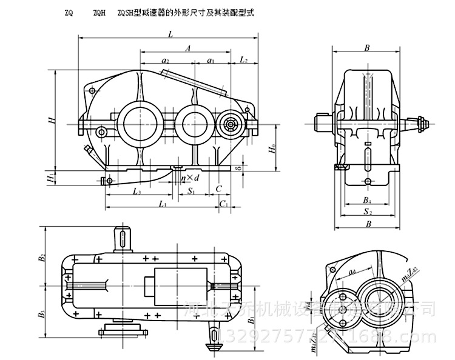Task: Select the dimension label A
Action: (x=189, y=47)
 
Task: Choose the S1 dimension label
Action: (x=190, y=192)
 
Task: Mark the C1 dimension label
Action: (x=224, y=205)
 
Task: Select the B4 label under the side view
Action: (x=367, y=199)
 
